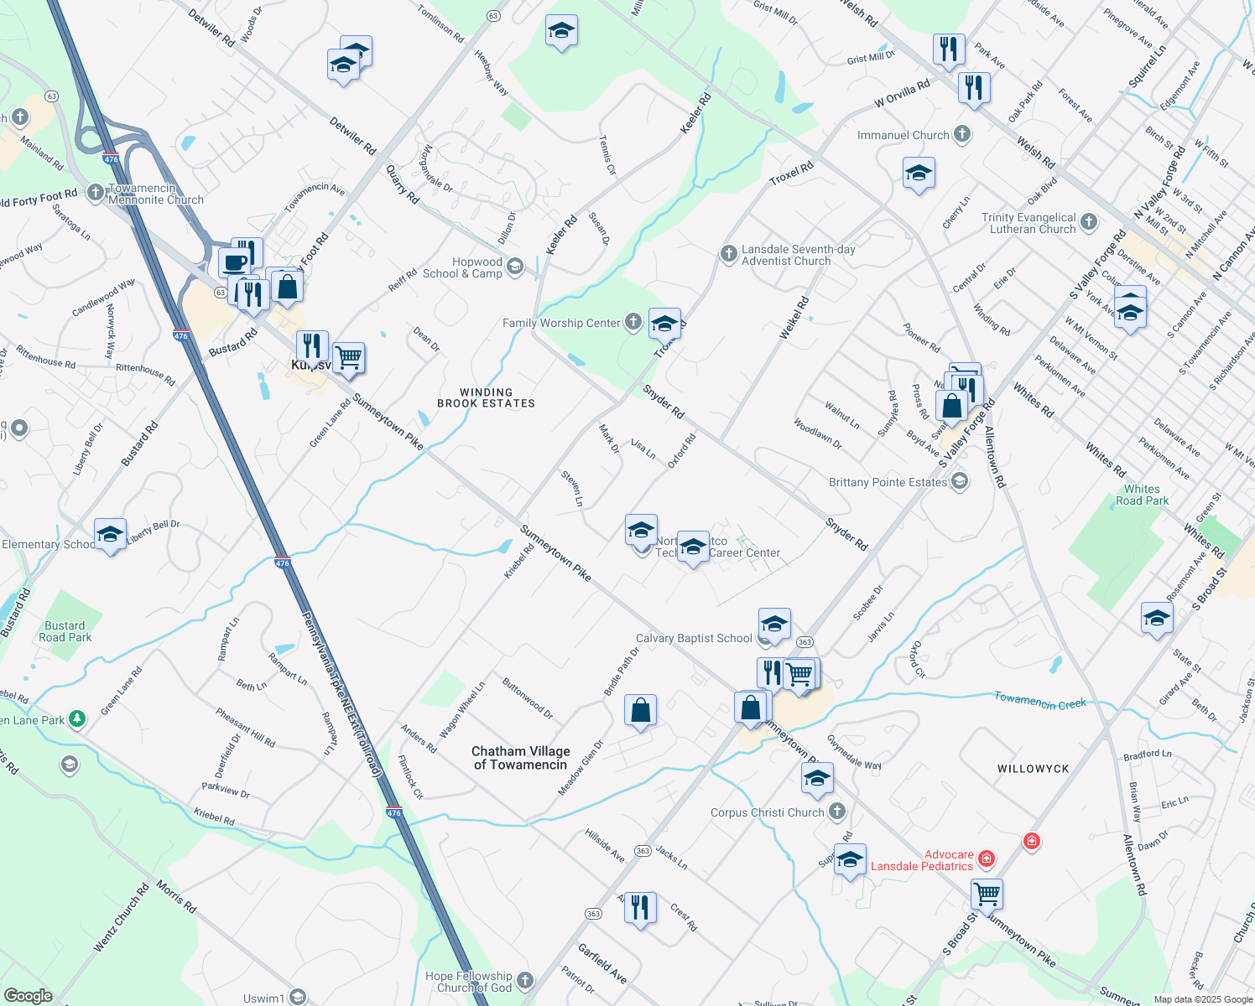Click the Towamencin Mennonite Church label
pyautogui.click(x=156, y=194)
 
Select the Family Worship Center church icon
pyautogui.click(x=633, y=322)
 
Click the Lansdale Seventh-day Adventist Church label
pyautogui.click(x=786, y=255)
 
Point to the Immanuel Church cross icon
pyautogui.click(x=962, y=134)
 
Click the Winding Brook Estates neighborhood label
pyautogui.click(x=486, y=397)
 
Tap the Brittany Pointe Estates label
pyautogui.click(x=888, y=482)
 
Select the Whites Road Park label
pyautogui.click(x=1142, y=495)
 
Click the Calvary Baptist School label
pyautogui.click(x=694, y=638)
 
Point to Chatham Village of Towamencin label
pyautogui.click(x=521, y=758)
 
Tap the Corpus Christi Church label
pyautogui.click(x=768, y=812)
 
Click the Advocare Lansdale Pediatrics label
pyautogui.click(x=922, y=860)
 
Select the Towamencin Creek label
pyautogui.click(x=1040, y=701)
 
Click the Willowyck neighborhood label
pyautogui.click(x=1034, y=769)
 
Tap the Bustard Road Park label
pyautogui.click(x=65, y=631)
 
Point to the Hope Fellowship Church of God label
pyautogui.click(x=468, y=982)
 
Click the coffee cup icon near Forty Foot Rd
pyautogui.click(x=235, y=262)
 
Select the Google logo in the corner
pyautogui.click(x=28, y=996)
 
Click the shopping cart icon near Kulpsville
pyautogui.click(x=348, y=358)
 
